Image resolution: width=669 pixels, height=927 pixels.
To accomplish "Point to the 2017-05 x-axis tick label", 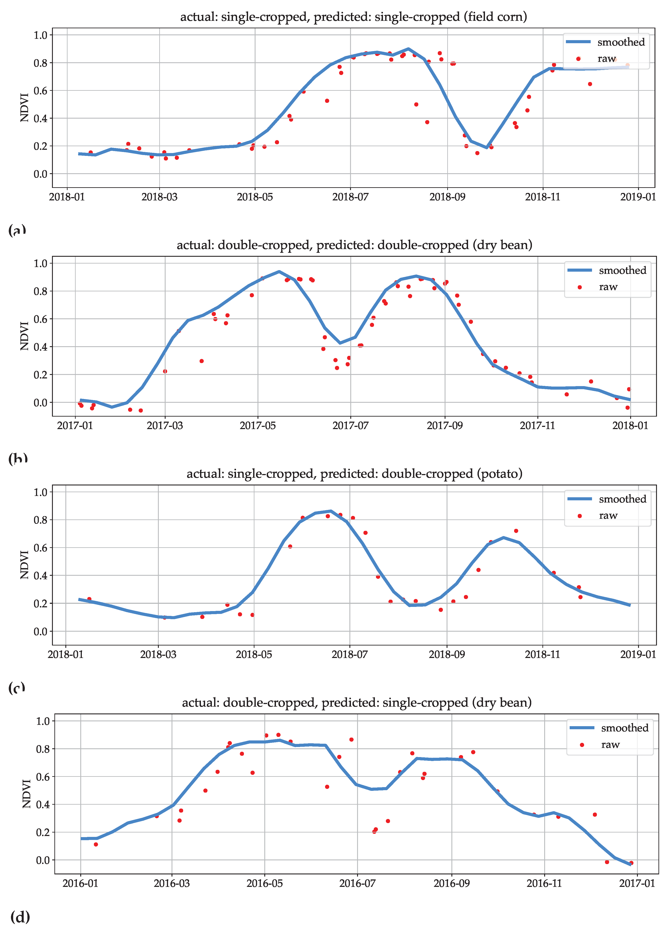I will click(258, 426).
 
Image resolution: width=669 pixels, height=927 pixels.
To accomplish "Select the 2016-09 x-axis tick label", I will click(451, 883).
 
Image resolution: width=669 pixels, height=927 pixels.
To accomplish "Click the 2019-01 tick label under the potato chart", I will click(638, 654).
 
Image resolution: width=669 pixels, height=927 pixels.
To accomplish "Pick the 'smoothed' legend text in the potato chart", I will click(622, 499).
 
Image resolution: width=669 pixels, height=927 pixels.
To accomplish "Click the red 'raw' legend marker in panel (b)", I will click(580, 287).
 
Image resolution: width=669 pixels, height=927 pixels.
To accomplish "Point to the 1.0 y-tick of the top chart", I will click(41, 35).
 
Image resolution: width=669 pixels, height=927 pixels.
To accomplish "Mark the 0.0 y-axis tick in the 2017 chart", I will click(41, 403).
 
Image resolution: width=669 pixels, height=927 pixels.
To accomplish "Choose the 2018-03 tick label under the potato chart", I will click(158, 654).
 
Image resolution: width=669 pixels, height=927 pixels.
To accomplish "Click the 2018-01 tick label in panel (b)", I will click(630, 426).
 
